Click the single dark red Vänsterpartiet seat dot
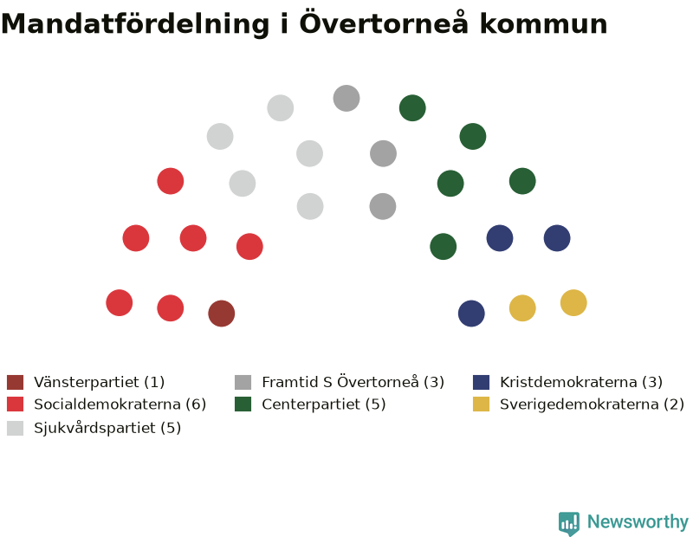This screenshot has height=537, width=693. coord(222,314)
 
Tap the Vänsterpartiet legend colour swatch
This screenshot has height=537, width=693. coord(15,382)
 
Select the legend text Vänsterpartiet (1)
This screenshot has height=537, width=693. coord(99,382)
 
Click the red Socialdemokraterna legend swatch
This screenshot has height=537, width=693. coord(15,404)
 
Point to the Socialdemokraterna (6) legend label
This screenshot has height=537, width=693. coord(120,404)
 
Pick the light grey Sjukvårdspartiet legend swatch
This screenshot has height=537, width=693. coord(15,428)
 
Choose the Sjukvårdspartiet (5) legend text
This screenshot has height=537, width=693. coord(107,428)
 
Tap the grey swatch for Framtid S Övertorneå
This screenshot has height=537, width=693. coord(243,382)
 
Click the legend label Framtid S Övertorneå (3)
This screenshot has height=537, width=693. coord(353,382)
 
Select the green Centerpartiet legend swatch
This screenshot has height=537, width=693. coord(243,404)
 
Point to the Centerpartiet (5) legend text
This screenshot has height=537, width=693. coord(323,404)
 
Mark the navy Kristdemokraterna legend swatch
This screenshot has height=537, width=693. coord(482,382)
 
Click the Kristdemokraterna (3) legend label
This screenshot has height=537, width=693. coord(581,382)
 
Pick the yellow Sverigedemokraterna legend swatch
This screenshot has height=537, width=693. coord(482,404)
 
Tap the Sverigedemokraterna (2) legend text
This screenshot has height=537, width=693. coord(592,404)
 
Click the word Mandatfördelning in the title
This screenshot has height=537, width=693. coord(135,24)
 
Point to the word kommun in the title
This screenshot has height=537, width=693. coord(544,24)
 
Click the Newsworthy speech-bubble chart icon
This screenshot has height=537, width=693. coord(569,523)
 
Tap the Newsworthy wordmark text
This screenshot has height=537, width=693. coord(638,522)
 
